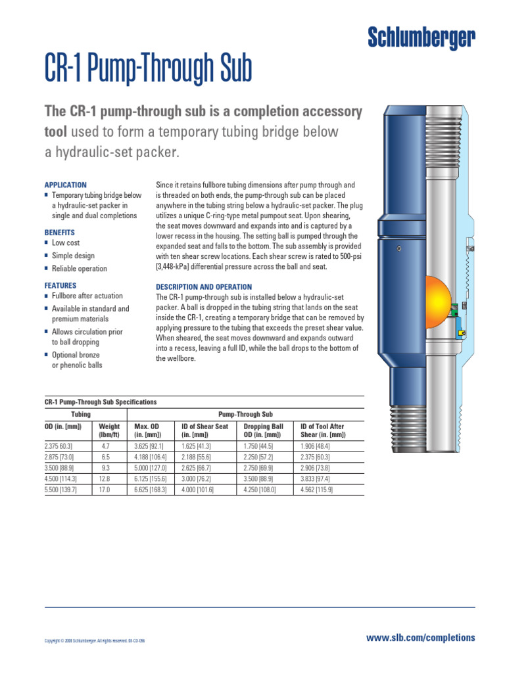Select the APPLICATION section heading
(x=65, y=185)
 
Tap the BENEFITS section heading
(x=60, y=233)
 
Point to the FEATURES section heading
(x=60, y=286)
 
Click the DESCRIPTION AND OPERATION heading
(x=204, y=287)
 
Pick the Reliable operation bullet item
(x=79, y=268)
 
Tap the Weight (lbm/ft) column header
(x=109, y=430)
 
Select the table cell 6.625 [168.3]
(x=150, y=490)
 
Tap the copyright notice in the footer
(x=95, y=641)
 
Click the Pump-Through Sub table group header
(x=245, y=414)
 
